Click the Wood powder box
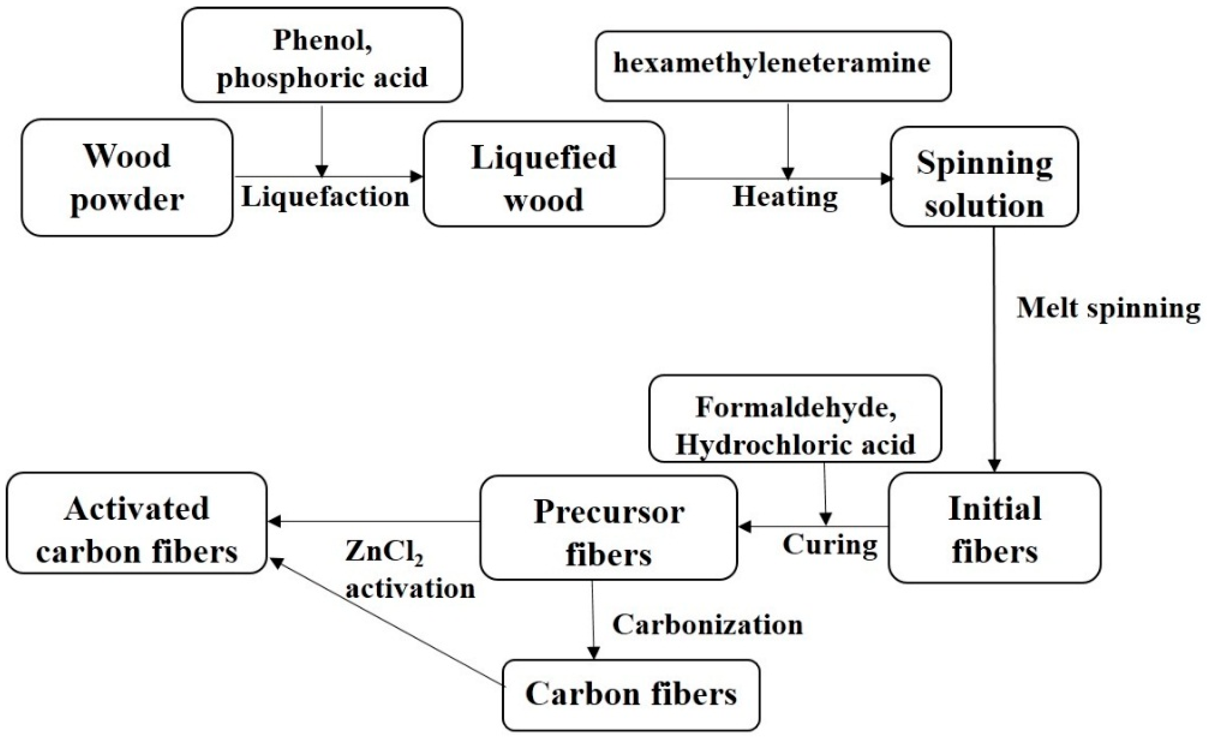[126, 177]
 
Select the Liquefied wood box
[543, 174]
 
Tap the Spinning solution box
[984, 177]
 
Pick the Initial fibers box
[994, 528]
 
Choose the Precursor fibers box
[608, 528]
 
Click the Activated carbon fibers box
[136, 523]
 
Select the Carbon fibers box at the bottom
[631, 695]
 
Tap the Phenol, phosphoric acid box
[322, 55]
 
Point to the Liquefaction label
[325, 197]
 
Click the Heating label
[785, 197]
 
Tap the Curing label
[830, 544]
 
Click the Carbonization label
[707, 625]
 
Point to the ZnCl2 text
[383, 552]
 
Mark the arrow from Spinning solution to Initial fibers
[994, 348]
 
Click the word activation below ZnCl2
[411, 588]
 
